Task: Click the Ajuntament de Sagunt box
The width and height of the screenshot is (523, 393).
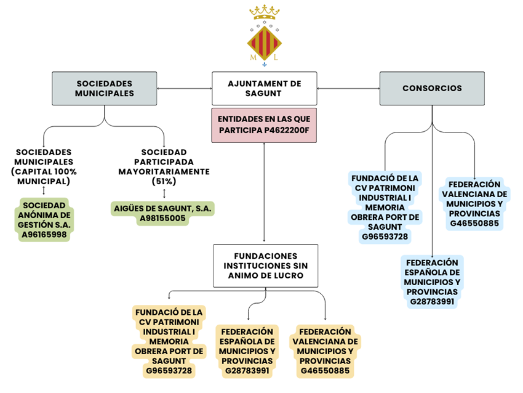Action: [265, 88]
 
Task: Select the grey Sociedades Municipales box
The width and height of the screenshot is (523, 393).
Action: [104, 88]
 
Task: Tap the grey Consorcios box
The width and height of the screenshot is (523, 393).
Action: [432, 88]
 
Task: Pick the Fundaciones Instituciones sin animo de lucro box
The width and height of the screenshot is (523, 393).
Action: [265, 265]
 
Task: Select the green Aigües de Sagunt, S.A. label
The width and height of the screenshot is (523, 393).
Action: [163, 213]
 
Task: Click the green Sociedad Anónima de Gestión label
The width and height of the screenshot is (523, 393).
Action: [44, 219]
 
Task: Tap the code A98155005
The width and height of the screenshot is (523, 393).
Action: [163, 219]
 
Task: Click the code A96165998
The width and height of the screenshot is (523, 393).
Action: [44, 235]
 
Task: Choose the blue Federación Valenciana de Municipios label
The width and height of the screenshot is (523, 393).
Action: [473, 203]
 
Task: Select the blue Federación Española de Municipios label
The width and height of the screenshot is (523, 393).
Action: [432, 281]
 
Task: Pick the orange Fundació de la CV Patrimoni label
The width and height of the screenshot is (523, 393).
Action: [169, 341]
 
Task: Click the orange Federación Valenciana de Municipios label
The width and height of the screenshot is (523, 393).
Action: [325, 350]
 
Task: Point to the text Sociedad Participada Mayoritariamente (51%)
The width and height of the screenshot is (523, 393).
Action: [164, 166]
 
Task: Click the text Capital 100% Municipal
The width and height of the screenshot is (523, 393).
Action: [44, 177]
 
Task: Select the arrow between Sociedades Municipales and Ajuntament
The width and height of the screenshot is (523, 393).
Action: [184, 88]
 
